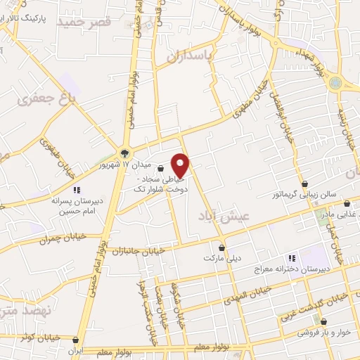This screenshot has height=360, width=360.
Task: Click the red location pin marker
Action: point(181,165)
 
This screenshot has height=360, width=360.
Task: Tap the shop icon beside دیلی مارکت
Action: point(222,247)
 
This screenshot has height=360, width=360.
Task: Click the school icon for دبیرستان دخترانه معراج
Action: point(292,257)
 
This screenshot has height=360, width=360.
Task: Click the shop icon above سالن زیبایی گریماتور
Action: point(304,184)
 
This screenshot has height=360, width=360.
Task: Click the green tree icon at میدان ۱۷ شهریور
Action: point(125,153)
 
